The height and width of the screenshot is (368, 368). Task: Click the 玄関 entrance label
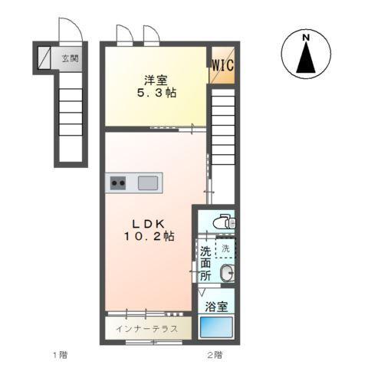point(71,59)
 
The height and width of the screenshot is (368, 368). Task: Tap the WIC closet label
point(223,65)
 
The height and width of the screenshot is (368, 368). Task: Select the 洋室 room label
point(156,80)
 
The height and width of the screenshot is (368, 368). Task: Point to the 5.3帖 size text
point(156,93)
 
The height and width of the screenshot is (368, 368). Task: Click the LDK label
point(148,224)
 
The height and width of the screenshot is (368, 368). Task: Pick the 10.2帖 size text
point(149,236)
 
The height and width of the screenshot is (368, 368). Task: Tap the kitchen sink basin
point(148,183)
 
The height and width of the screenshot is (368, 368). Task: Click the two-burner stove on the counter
point(118,183)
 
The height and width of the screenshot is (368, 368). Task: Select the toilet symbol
point(225,222)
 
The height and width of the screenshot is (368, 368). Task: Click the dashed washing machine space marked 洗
point(225,248)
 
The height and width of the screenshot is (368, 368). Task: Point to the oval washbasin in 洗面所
point(227,273)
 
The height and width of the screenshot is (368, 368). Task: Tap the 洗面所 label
point(205,264)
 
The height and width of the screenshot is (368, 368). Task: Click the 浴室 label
point(216,307)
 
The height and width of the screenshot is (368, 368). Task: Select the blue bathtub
point(216,327)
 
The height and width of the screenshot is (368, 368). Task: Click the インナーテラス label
point(147,329)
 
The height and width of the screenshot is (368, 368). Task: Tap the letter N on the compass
point(306,38)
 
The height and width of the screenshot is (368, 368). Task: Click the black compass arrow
point(306,58)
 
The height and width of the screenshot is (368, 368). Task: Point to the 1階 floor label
point(61,355)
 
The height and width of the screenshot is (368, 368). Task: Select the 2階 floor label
point(215,355)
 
